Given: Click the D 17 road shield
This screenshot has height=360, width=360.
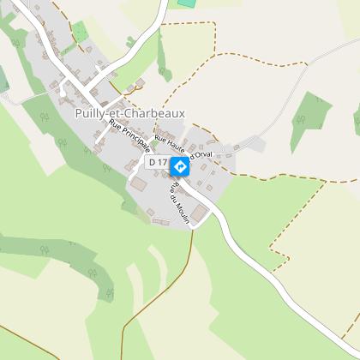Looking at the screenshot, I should tap(157, 161).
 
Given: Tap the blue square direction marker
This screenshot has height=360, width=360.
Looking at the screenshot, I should tap(180, 166).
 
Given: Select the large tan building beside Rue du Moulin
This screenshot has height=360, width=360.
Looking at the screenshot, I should tap(200, 212).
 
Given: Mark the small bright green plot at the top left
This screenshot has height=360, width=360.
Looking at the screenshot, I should tap(80, 33).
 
